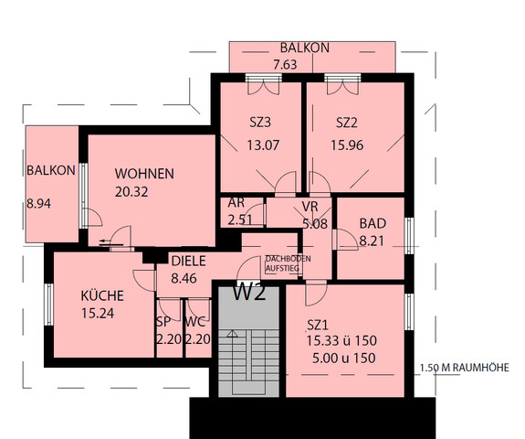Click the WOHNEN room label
[144, 173]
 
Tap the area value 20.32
[131, 191]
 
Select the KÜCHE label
[102, 295]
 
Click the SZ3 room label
[260, 122]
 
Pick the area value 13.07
[263, 144]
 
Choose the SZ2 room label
[347, 122]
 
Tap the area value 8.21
[373, 241]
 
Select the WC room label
[194, 322]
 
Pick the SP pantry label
[163, 322]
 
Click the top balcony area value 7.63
[304, 64]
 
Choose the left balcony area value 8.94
[39, 204]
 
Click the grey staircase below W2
[247, 352]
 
